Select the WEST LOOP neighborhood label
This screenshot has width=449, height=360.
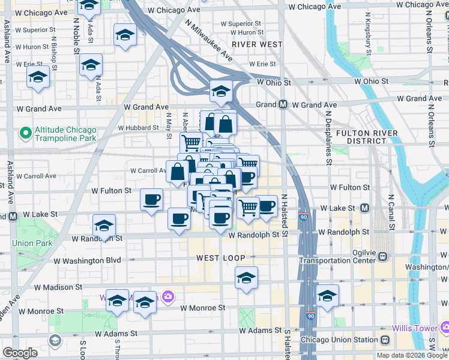tap(220, 258)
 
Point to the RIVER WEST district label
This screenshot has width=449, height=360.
tap(257, 44)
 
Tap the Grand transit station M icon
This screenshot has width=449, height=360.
tap(283, 105)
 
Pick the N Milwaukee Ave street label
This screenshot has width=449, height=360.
tap(209, 39)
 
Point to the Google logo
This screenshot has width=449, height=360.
tap(20, 353)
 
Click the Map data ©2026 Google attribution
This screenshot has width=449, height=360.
tap(412, 355)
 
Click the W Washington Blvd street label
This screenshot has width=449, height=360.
tap(87, 261)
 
